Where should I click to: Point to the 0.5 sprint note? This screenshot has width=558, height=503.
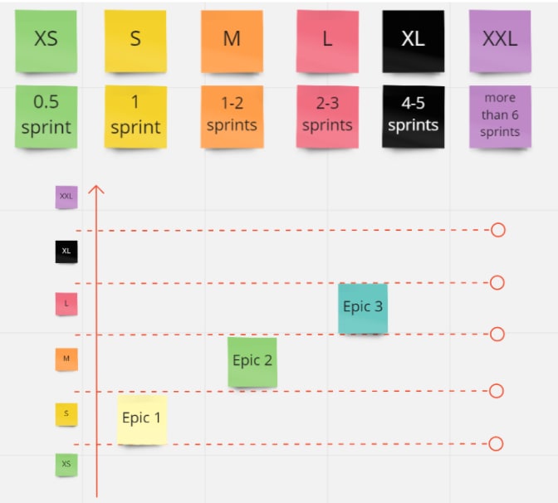click(46, 116)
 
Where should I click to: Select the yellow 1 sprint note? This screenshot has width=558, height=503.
click(135, 116)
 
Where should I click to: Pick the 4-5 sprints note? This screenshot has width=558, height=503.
click(413, 116)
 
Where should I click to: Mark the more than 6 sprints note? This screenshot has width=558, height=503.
click(500, 116)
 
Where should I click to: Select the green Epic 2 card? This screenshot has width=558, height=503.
click(252, 361)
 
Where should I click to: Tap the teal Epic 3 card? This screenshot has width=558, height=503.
click(363, 308)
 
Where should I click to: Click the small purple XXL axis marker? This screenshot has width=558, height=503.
click(66, 197)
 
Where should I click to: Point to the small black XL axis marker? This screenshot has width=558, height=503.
click(66, 251)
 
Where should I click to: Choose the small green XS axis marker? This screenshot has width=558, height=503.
click(66, 464)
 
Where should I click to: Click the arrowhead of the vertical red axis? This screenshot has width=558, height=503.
click(96, 189)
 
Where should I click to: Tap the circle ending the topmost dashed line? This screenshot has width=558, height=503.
click(498, 230)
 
